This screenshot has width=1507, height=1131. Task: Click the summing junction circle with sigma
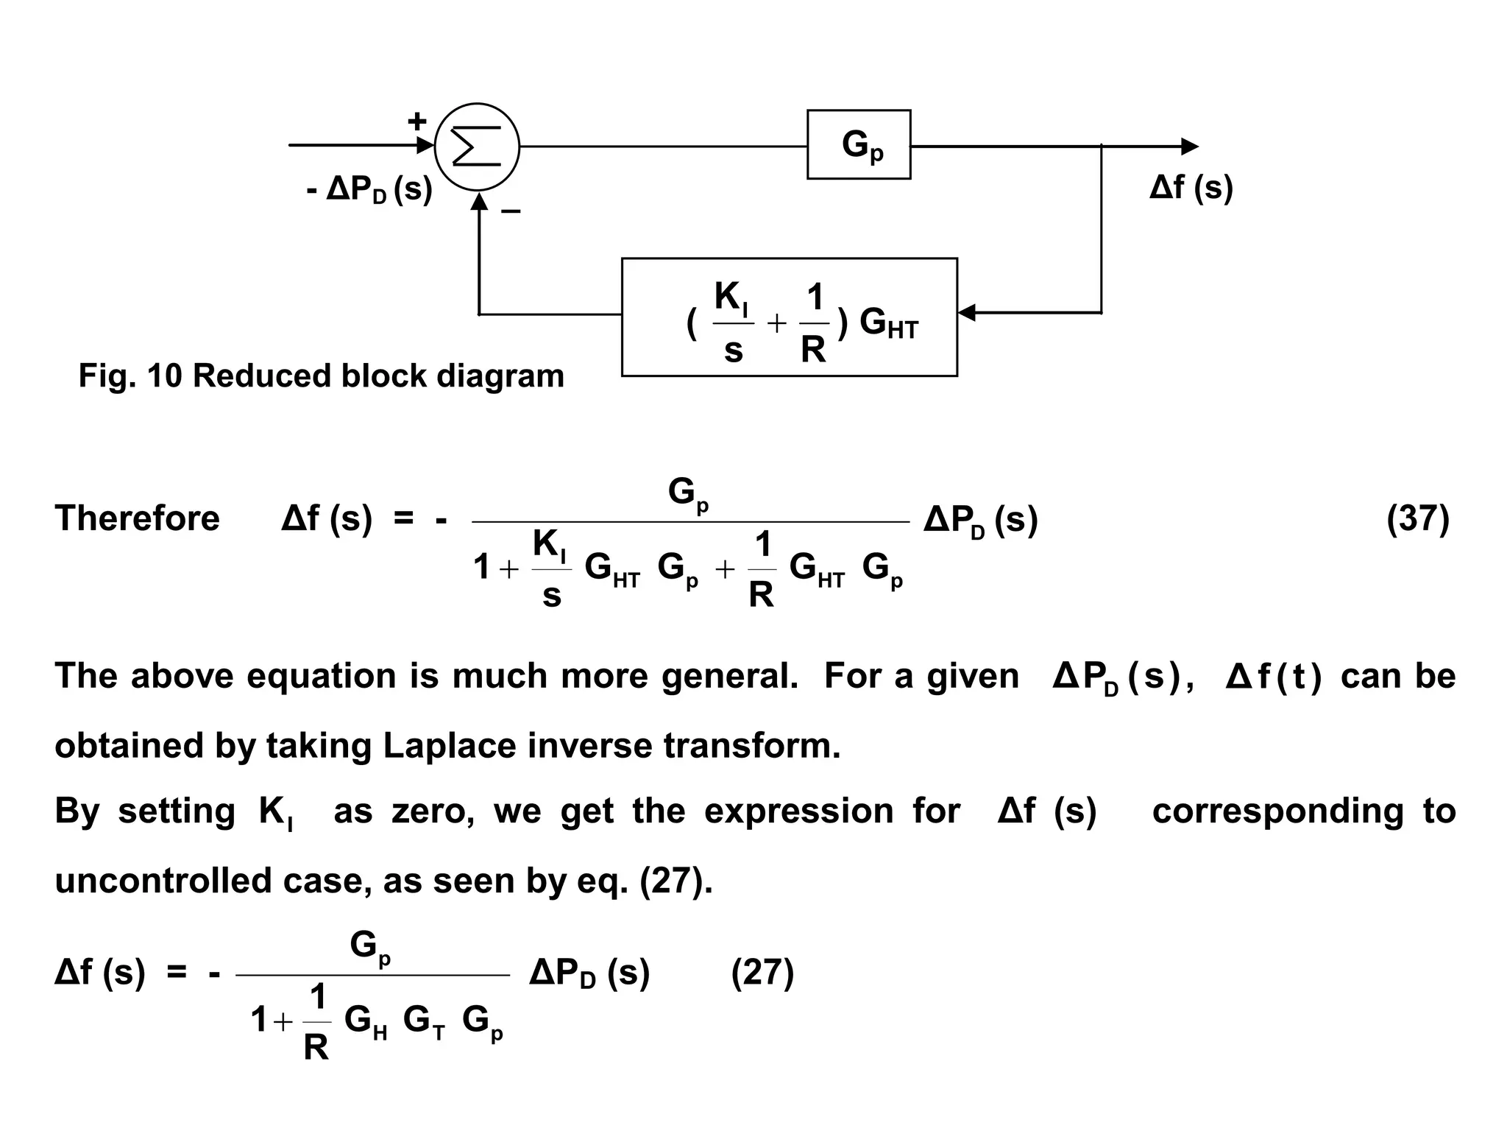click(x=477, y=146)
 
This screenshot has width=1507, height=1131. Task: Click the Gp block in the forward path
click(x=859, y=144)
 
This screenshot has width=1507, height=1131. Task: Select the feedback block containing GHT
click(x=789, y=317)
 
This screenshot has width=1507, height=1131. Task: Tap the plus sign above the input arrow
click(x=417, y=121)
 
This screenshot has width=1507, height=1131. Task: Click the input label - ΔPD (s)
click(x=369, y=190)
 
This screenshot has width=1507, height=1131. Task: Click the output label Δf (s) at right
click(x=1191, y=188)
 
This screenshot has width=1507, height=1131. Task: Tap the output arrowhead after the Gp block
click(x=1189, y=147)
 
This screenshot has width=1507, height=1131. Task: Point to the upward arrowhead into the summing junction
click(x=479, y=200)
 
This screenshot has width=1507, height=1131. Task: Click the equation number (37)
click(x=1417, y=518)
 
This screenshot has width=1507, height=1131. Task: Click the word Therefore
click(x=137, y=518)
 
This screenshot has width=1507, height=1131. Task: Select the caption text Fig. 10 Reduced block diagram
click(x=321, y=376)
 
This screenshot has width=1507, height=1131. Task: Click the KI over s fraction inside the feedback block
click(x=732, y=323)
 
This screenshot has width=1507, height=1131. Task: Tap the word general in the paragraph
click(x=728, y=676)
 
